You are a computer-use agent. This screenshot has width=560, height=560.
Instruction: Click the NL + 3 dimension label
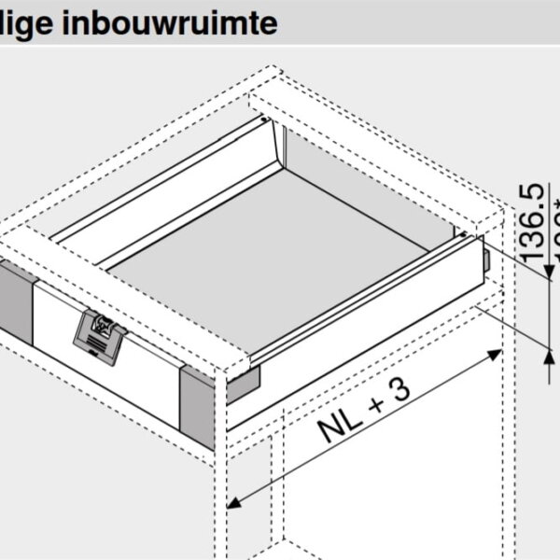364,412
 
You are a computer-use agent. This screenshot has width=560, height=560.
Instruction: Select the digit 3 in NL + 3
398,389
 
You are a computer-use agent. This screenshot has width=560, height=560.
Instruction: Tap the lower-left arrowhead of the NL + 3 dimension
234,501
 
